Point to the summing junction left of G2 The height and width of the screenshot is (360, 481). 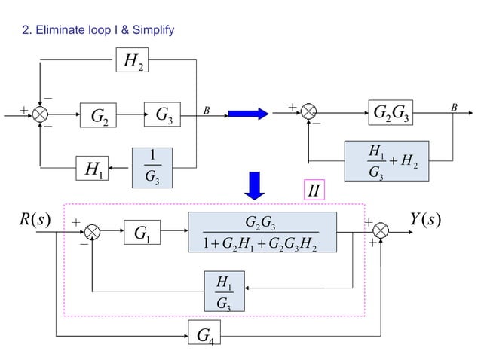point(42,114)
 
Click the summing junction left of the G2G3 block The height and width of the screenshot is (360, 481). point(309,114)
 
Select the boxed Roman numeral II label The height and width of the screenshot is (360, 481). point(316,188)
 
